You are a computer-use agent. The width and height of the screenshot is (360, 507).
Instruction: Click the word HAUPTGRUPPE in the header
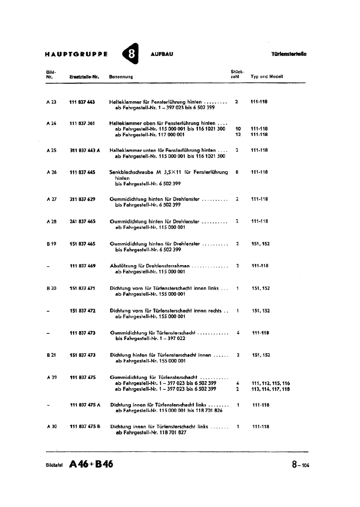coord(76,54)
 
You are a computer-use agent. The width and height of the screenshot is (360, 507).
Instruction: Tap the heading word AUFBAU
coord(162,54)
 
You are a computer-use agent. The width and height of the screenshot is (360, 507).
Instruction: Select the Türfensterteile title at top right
coord(289,54)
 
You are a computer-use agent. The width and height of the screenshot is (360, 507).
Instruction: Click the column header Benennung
coord(121,77)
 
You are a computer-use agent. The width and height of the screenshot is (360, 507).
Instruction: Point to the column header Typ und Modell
coord(267,76)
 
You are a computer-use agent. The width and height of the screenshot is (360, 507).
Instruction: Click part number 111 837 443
coord(82,102)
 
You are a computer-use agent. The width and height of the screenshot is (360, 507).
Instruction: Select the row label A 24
coord(51,123)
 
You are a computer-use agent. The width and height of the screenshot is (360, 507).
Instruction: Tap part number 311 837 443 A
coord(85,151)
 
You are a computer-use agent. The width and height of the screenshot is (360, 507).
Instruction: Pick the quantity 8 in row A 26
coord(237,172)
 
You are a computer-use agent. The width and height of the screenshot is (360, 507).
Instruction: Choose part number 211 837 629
coord(82,199)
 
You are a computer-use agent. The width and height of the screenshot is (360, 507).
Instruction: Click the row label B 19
coord(51,244)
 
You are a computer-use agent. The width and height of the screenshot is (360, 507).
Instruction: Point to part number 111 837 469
coord(82,266)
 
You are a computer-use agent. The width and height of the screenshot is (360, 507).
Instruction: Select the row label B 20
coord(51,288)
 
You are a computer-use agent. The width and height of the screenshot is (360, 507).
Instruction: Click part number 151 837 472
coord(82,311)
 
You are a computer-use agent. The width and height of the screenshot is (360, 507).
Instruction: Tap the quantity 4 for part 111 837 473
coord(238,333)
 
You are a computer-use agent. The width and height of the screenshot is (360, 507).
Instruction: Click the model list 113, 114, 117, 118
coord(271,389)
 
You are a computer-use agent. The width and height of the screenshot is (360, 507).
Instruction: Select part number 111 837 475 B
coord(85,427)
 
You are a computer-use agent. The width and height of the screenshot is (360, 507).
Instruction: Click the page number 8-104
coord(300,465)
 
